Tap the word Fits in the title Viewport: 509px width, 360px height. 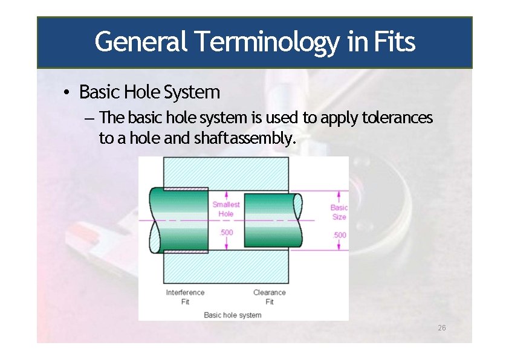click(394, 42)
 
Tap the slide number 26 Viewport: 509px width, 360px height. click(441, 328)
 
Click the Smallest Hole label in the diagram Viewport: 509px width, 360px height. click(226, 209)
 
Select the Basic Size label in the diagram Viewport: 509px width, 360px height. click(339, 212)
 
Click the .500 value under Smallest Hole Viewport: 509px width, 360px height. click(226, 233)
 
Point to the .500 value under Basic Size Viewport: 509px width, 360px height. click(340, 235)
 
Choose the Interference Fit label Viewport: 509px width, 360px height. click(185, 297)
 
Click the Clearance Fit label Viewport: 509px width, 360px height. click(269, 297)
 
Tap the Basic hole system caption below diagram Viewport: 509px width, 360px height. click(233, 315)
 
